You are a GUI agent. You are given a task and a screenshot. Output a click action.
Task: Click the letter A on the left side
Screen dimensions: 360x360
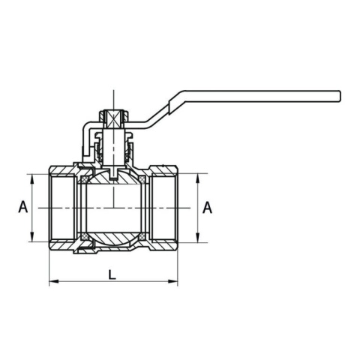point(22,207)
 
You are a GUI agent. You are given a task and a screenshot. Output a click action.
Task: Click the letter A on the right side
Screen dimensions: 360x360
point(208,207)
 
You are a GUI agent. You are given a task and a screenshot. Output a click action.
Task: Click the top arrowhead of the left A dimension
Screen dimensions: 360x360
point(32,177)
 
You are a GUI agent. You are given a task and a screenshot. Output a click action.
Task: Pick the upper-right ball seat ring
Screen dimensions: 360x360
point(142,178)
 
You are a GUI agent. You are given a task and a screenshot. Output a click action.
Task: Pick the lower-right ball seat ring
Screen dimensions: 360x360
point(142,238)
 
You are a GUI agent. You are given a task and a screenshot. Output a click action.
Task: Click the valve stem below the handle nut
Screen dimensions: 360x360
point(112,150)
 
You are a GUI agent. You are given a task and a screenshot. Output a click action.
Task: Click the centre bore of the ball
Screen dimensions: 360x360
point(112,208)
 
